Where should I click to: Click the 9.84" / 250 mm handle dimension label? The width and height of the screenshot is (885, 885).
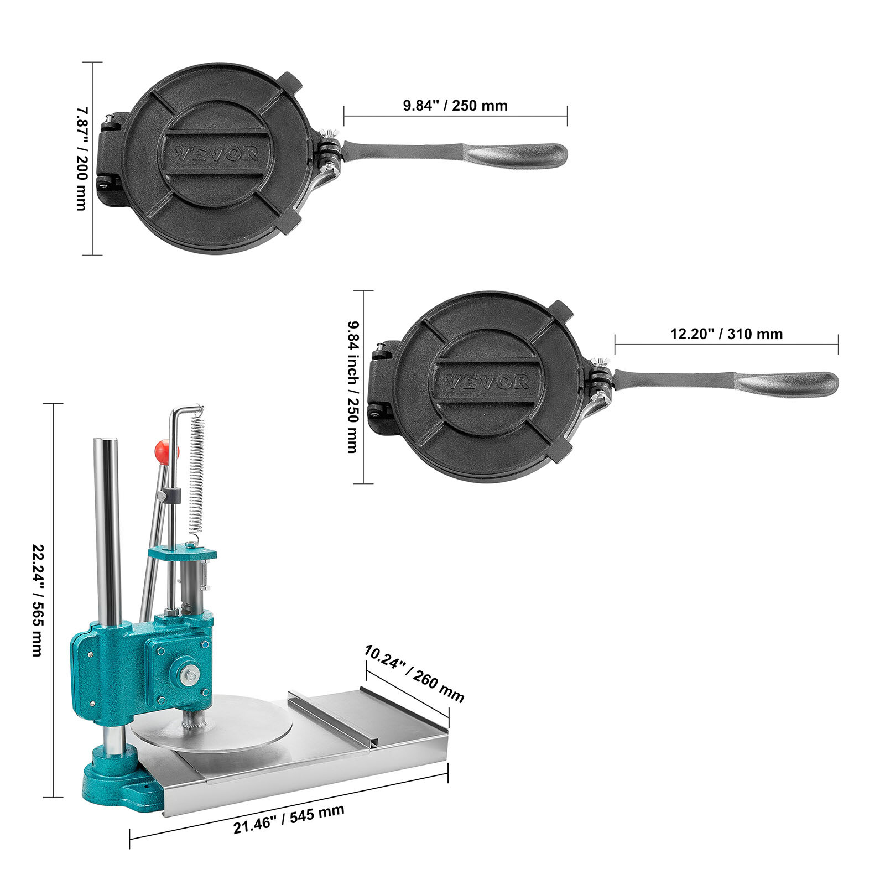455,105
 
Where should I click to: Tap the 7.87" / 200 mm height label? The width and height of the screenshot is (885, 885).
82,159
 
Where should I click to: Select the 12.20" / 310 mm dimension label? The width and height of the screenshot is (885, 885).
726,334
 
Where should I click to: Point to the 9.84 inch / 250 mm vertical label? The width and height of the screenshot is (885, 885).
352,387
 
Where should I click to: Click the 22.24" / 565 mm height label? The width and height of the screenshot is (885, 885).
37,600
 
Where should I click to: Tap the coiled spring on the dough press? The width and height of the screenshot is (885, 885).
197,476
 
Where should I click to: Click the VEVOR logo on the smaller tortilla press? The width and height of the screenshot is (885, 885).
216,154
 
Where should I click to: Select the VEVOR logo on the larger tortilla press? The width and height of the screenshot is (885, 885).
487,382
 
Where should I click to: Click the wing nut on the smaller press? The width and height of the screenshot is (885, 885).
332,134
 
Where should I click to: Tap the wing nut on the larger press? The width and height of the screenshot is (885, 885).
600,364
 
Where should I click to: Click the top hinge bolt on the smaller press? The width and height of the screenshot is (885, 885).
111,118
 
